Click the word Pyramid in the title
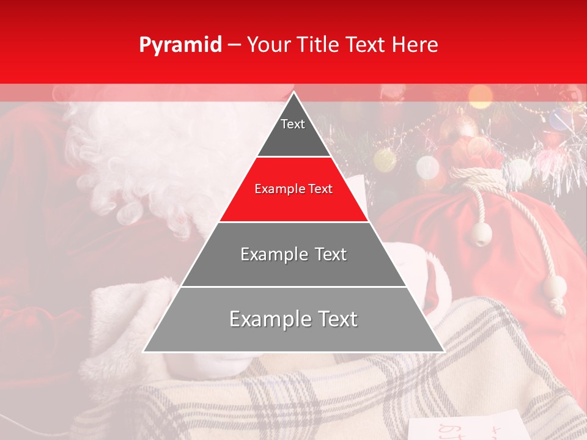(180, 45)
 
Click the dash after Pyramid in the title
(234, 45)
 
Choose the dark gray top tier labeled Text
(293, 131)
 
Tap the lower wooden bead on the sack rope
(555, 288)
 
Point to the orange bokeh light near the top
(480, 95)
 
